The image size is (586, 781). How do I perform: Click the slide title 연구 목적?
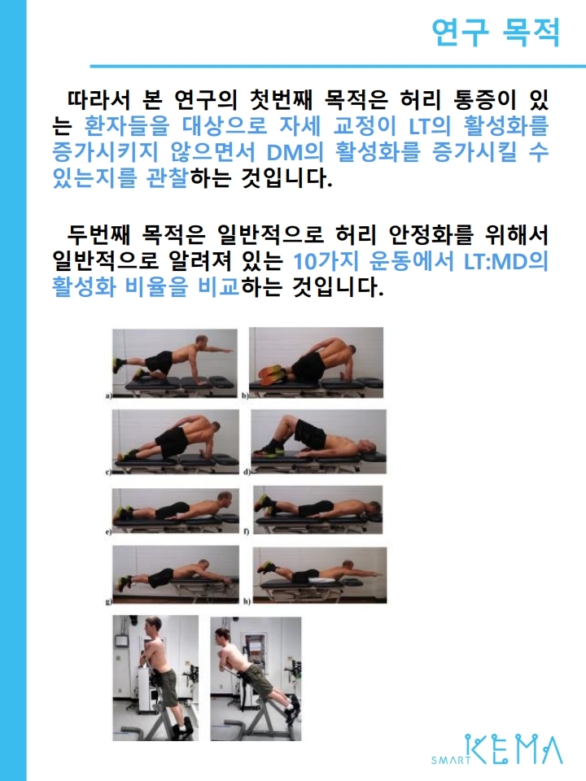(x=496, y=33)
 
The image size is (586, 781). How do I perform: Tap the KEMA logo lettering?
(x=514, y=748)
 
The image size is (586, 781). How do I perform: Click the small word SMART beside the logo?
(x=450, y=760)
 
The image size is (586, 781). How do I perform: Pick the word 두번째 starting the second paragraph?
(x=99, y=234)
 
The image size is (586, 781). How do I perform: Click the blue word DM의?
(x=295, y=152)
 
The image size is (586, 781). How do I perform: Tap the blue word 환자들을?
(x=127, y=125)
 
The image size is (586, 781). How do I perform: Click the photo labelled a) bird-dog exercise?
(x=174, y=363)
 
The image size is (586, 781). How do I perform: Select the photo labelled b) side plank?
(x=317, y=362)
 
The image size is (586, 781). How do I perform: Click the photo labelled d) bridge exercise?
(x=318, y=441)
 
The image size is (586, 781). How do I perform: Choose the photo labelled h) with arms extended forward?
(x=320, y=575)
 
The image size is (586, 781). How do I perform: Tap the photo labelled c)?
(x=176, y=442)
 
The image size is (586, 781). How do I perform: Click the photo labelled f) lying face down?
(x=318, y=509)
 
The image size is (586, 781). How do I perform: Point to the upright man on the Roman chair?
(x=155, y=678)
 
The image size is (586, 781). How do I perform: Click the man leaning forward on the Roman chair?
(x=256, y=678)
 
